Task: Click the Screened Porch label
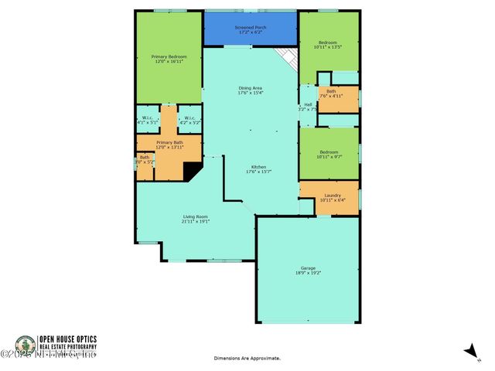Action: (x=251, y=27)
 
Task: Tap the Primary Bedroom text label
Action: (x=168, y=56)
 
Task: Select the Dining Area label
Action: (x=251, y=88)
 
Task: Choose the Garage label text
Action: (x=308, y=268)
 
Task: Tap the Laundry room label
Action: (x=333, y=196)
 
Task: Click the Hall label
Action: (x=308, y=104)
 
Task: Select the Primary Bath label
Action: (x=169, y=142)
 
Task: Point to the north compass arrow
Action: (x=469, y=351)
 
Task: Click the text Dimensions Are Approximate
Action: (x=247, y=359)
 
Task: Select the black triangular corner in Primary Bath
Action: (x=189, y=171)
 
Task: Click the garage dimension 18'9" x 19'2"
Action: (x=308, y=273)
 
